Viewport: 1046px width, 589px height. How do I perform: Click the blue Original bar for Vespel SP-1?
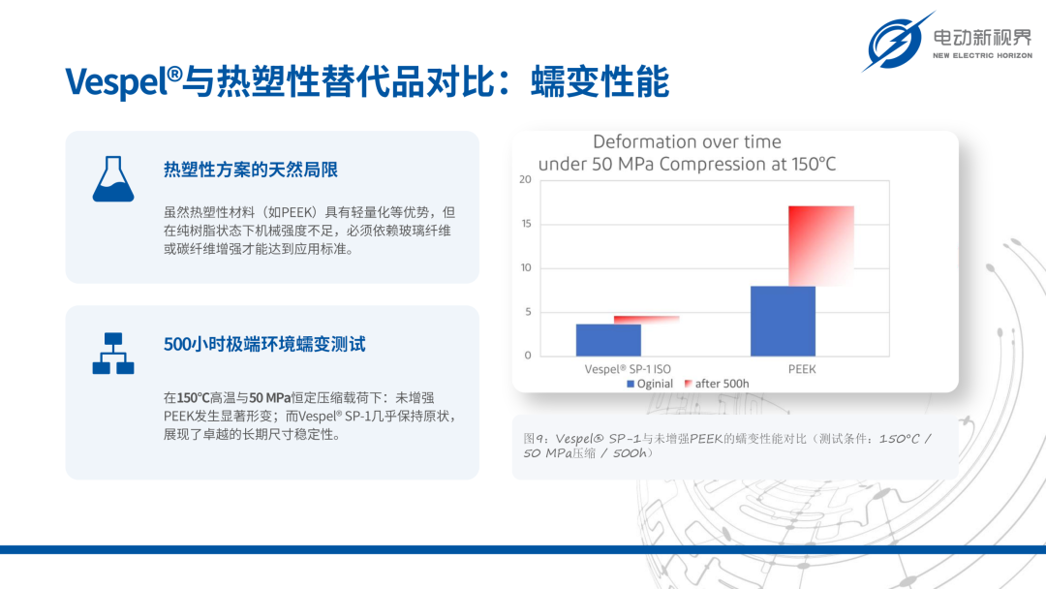tap(608, 340)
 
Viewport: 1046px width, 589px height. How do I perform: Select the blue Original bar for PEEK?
tap(783, 321)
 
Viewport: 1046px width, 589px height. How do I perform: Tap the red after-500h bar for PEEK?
tap(821, 246)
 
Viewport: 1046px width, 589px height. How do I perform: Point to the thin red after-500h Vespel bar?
tap(646, 321)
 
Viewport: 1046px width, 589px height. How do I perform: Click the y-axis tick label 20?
tap(525, 179)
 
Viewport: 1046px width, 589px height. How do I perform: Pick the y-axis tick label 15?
tap(526, 224)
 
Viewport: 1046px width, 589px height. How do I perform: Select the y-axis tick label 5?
tap(529, 312)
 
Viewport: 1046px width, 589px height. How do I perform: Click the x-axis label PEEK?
tap(802, 369)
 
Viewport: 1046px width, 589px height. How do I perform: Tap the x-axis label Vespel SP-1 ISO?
tap(628, 369)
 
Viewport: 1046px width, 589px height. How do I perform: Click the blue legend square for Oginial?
tap(631, 384)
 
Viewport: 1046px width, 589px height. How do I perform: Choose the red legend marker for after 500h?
tap(689, 384)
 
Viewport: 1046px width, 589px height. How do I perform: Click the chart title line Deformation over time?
tap(687, 141)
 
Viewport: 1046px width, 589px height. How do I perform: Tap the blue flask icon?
tap(113, 179)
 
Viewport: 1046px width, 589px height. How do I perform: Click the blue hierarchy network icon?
tap(113, 354)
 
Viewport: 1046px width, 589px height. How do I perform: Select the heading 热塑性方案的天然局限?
tap(251, 170)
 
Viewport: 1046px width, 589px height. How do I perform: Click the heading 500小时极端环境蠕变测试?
tap(264, 344)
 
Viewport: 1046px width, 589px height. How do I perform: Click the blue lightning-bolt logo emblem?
tap(897, 42)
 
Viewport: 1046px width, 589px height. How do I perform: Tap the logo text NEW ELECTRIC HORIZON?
tap(982, 55)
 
